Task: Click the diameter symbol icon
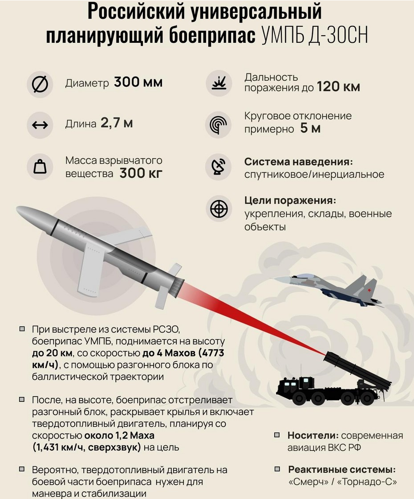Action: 40,84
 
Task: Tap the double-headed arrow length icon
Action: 40,125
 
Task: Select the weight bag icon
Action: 40,167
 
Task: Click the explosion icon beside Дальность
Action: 219,83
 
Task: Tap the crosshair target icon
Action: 219,209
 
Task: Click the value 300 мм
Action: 138,82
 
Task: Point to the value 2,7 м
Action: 117,123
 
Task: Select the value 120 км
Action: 338,87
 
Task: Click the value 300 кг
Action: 141,173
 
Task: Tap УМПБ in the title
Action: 282,35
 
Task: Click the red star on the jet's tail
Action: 369,290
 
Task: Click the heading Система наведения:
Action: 299,162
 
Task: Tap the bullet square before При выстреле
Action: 22,329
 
